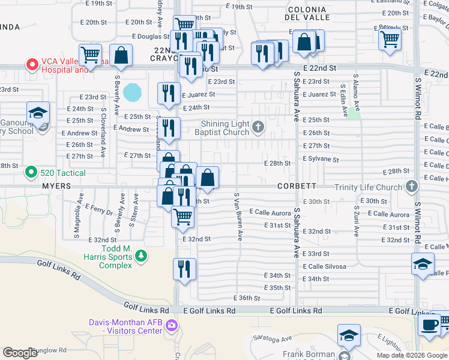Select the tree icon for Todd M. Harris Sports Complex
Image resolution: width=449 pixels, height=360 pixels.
pyautogui.click(x=141, y=257)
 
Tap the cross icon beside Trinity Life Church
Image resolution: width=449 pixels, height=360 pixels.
pyautogui.click(x=411, y=187)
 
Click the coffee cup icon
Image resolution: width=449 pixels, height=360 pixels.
pyautogui.click(x=429, y=325)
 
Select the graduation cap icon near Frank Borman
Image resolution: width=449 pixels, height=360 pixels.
pyautogui.click(x=349, y=336)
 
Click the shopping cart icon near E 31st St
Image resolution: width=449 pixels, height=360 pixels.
pyautogui.click(x=182, y=216)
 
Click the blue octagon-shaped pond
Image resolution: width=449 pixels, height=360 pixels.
pyautogui.click(x=132, y=92)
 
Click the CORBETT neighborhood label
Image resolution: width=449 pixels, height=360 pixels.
pyautogui.click(x=297, y=186)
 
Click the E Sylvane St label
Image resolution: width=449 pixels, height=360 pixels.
pyautogui.click(x=321, y=160)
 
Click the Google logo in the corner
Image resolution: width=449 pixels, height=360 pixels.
pyautogui.click(x=20, y=353)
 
